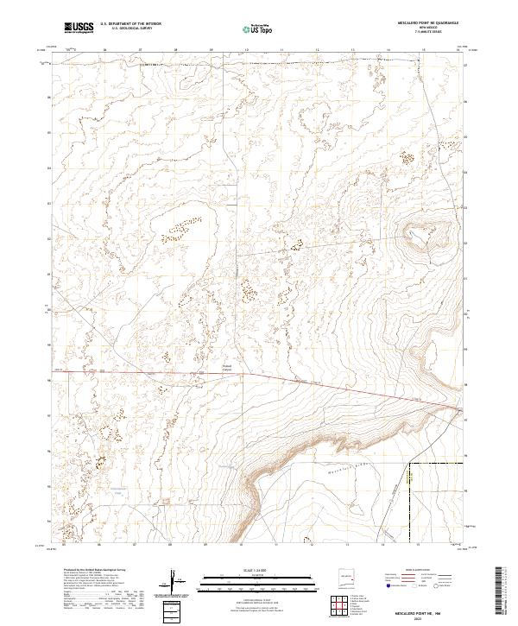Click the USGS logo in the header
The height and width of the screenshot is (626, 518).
79,28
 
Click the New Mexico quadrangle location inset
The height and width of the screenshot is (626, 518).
348,576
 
